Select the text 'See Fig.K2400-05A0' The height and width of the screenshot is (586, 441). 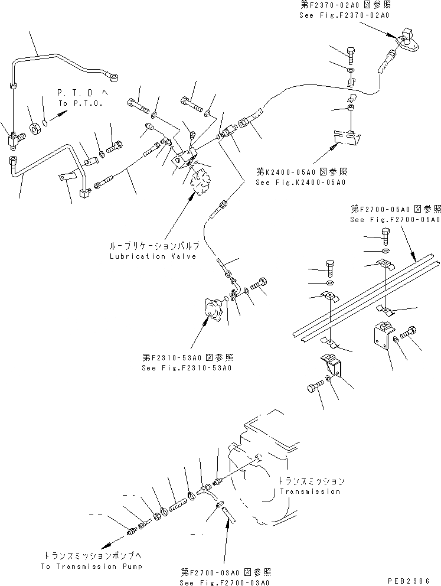(300, 182)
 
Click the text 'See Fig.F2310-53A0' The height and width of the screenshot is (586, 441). (187, 367)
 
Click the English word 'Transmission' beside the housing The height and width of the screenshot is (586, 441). (310, 491)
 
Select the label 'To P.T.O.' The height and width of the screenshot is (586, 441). (80, 103)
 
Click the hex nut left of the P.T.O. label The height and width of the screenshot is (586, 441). (35, 126)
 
